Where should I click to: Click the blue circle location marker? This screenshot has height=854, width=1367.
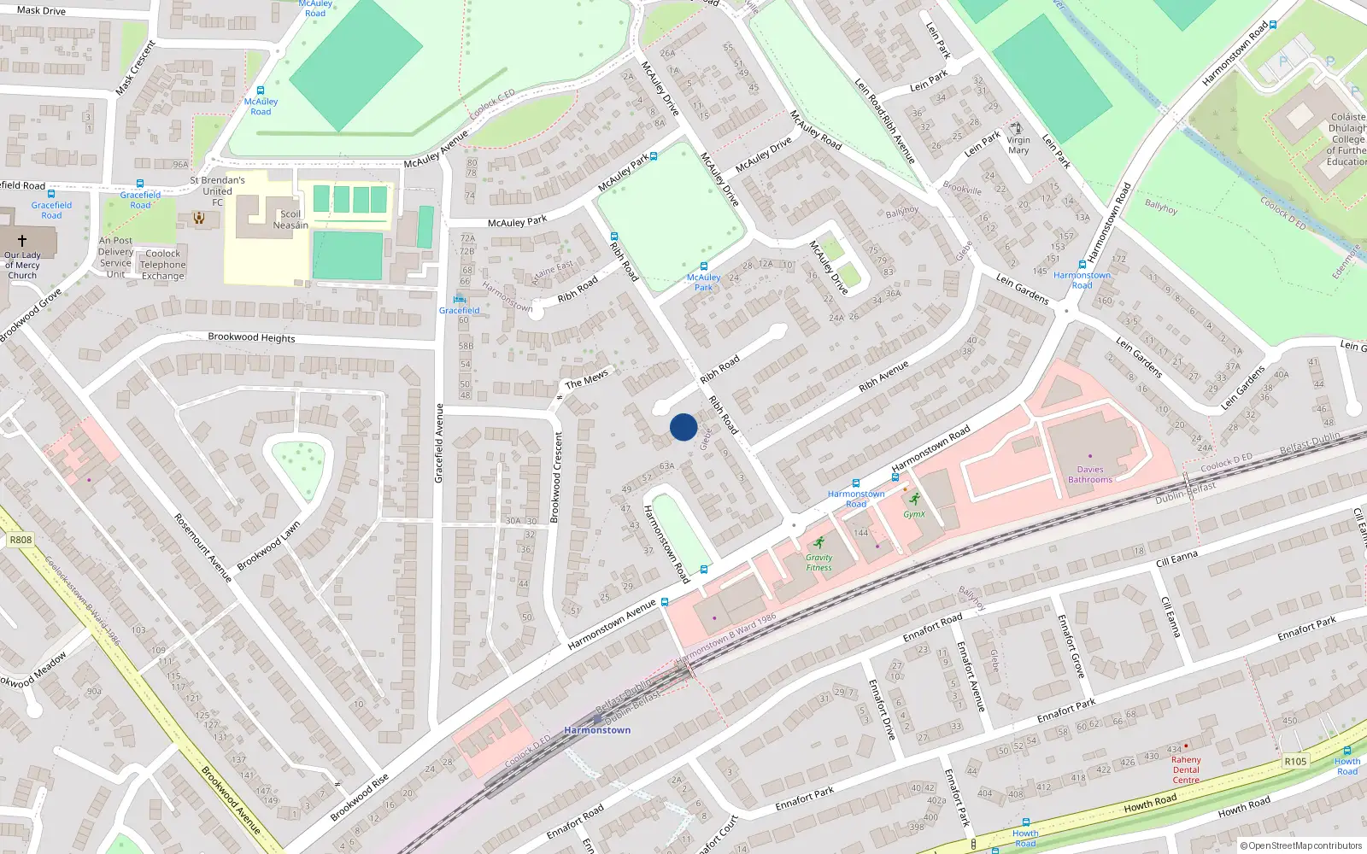[x=683, y=427]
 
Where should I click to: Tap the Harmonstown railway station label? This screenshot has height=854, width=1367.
[x=597, y=730]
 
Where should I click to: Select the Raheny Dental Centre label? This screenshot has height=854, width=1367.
[x=1186, y=769]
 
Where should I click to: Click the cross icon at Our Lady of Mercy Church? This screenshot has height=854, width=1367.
[x=22, y=241]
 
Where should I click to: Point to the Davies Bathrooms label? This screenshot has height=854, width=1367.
[x=1090, y=474]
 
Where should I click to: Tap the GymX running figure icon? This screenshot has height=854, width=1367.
[x=915, y=500]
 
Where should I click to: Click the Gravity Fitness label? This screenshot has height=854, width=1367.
[x=818, y=563]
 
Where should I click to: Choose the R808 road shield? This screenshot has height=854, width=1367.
[x=21, y=540]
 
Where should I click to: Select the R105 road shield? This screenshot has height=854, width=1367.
[x=1295, y=762]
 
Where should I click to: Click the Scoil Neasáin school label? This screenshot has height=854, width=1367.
[x=290, y=219]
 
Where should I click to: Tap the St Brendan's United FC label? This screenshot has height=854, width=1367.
[x=217, y=191]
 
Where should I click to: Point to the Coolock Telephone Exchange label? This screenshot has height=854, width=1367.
[x=163, y=265]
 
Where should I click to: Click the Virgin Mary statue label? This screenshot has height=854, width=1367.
[x=1018, y=145]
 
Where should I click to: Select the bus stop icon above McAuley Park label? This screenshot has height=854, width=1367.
[x=704, y=266]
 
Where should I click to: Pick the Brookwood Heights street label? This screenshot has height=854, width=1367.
[x=251, y=337]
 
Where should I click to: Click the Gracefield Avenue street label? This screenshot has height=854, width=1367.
[x=439, y=443]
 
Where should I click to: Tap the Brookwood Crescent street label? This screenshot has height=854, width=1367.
[x=558, y=477]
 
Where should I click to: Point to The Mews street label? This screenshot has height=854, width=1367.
[x=587, y=378]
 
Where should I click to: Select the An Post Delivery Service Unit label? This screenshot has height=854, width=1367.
[x=115, y=257]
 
